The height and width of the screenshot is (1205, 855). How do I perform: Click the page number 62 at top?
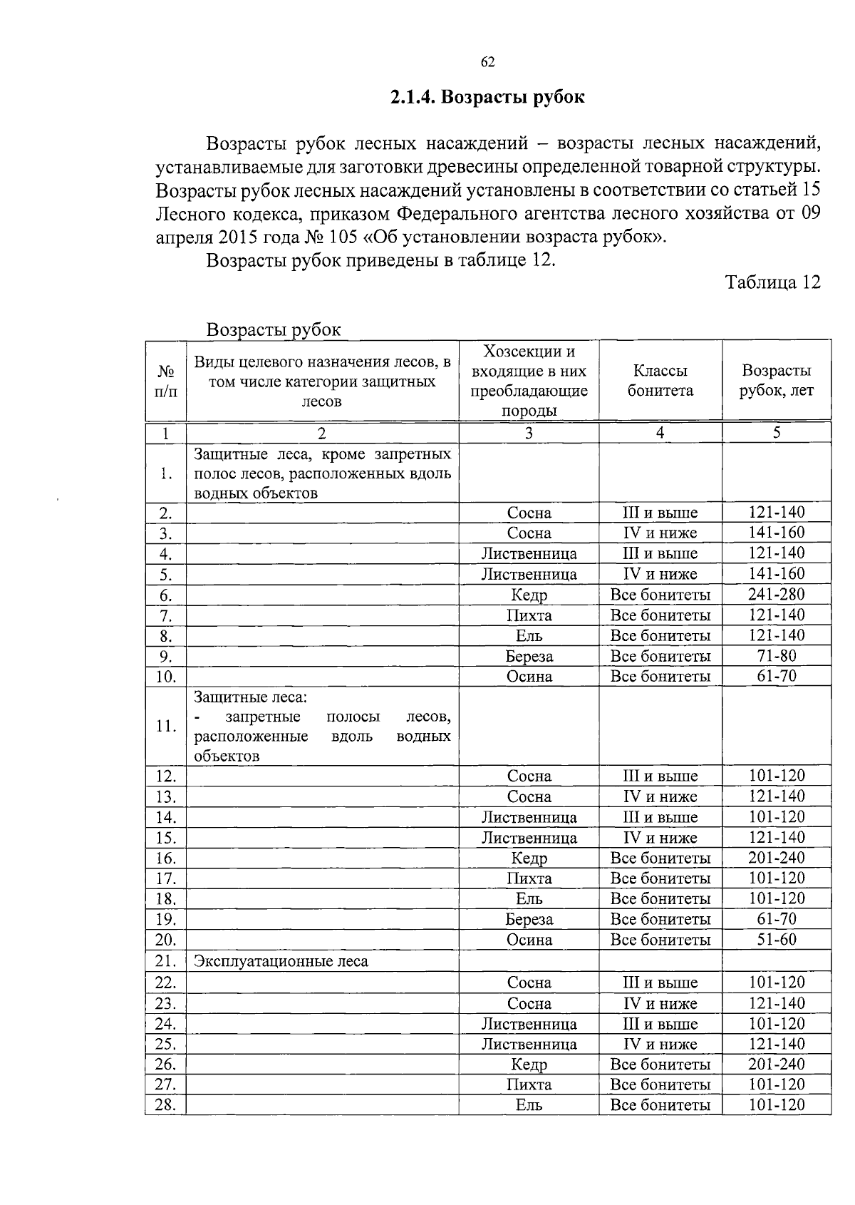[487, 62]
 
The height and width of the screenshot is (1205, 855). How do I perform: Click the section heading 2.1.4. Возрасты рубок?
[487, 97]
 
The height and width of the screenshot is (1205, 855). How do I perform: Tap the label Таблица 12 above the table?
[773, 282]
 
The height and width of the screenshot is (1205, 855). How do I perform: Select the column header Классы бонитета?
[660, 381]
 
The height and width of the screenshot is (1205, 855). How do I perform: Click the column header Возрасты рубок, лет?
[776, 381]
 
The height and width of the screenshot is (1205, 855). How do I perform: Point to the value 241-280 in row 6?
[776, 594]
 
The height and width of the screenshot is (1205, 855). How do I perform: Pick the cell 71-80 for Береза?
[776, 655]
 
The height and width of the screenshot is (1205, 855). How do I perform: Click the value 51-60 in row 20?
[776, 939]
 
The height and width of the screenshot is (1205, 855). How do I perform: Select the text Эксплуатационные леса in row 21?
[281, 961]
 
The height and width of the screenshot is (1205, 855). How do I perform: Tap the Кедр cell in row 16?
[529, 858]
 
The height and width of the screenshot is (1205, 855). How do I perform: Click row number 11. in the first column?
[165, 726]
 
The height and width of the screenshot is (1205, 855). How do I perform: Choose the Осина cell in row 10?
[529, 676]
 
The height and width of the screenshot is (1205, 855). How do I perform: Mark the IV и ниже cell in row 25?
[660, 1044]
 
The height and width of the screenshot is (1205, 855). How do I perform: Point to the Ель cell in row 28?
[529, 1105]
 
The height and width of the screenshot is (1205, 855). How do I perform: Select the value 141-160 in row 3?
[776, 533]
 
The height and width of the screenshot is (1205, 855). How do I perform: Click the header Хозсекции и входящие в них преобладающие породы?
[529, 381]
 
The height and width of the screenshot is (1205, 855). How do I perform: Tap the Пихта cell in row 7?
[529, 615]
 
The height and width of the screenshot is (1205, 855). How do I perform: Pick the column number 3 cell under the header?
[529, 433]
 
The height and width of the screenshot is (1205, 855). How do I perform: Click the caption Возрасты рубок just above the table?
[274, 330]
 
